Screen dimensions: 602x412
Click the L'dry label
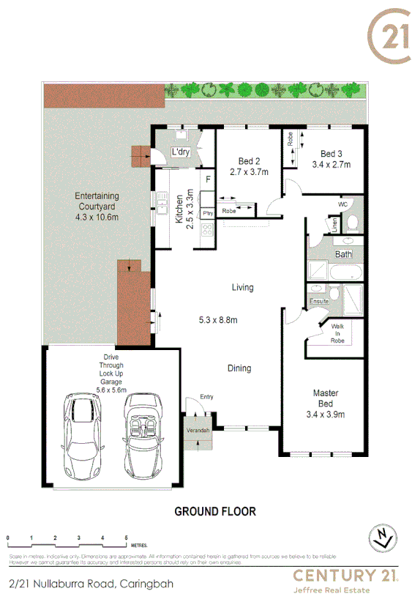(180, 152)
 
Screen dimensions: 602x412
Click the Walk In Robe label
(337, 333)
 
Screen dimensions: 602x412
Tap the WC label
(342, 204)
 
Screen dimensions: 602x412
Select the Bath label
(343, 254)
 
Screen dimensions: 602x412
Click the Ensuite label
(320, 300)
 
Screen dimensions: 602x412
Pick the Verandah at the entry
(198, 430)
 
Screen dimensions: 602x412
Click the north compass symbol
(382, 538)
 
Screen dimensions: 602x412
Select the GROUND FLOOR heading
(215, 511)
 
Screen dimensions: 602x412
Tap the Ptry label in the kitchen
(208, 213)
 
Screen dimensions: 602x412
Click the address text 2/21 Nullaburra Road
(82, 584)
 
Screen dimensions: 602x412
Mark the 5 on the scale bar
(127, 538)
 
